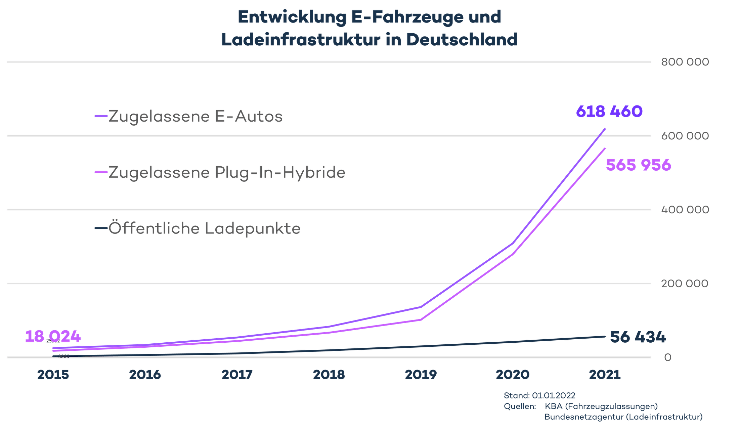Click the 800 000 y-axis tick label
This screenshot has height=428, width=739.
click(x=685, y=62)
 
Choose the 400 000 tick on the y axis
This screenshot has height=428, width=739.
click(x=685, y=210)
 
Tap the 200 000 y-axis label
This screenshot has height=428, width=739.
click(x=685, y=284)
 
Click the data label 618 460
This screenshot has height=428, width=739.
click(x=609, y=112)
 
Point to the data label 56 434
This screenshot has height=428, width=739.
click(x=638, y=337)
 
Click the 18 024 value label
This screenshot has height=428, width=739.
click(x=53, y=336)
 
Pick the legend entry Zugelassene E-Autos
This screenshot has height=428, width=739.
click(x=195, y=117)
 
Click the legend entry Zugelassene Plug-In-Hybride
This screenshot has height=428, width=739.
click(x=227, y=173)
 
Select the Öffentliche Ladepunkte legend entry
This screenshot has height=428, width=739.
click(x=204, y=229)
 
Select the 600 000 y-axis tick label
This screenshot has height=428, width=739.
click(x=685, y=136)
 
